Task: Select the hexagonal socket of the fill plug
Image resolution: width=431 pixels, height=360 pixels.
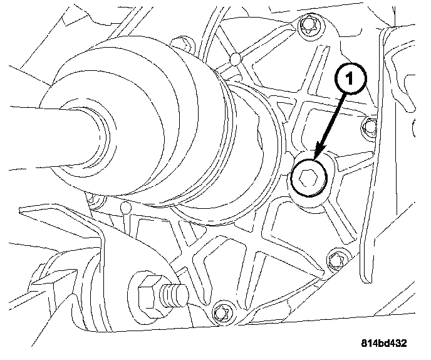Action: [x=308, y=179]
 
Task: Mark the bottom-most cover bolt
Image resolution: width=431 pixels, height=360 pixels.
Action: [x=220, y=310]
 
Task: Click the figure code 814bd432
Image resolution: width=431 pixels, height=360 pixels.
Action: [x=384, y=343]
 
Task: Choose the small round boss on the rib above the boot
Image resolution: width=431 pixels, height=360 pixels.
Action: [x=234, y=60]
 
